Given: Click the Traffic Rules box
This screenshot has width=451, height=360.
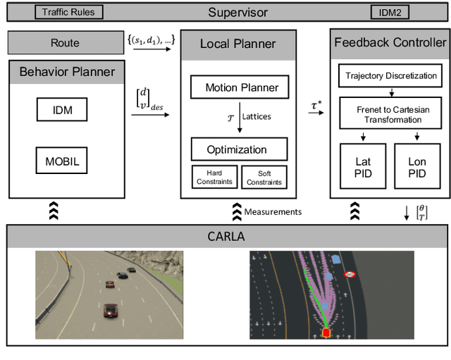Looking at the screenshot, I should [x=68, y=12].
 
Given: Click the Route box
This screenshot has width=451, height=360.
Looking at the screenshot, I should [x=65, y=42].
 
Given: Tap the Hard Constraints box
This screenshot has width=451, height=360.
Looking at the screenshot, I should [x=214, y=177].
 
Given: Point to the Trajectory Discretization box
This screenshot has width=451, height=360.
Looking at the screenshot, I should [x=388, y=75].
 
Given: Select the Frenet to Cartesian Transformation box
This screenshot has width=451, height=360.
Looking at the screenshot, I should [x=388, y=114].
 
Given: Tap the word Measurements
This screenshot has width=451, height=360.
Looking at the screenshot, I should [x=274, y=211].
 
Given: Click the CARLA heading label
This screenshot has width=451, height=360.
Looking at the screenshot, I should [x=225, y=236].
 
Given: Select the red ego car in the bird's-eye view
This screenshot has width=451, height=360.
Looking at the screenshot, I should [x=326, y=332].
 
